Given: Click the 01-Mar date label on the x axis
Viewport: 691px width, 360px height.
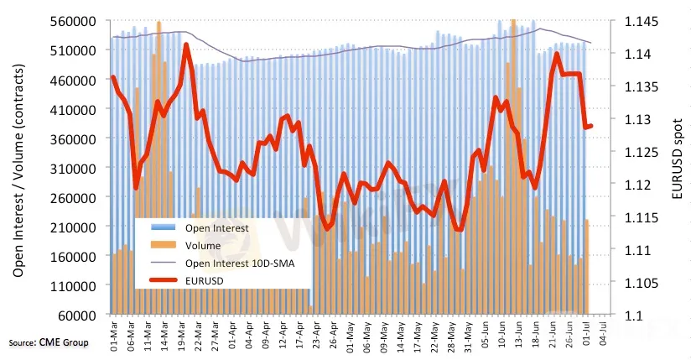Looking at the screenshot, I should [112, 333].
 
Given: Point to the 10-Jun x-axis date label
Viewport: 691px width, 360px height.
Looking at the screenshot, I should [501, 333].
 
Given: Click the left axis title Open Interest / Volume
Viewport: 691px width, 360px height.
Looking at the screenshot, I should [18, 168].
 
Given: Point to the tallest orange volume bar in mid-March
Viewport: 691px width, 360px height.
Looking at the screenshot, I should [159, 25].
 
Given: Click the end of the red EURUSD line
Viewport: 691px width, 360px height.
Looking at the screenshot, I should [592, 126].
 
